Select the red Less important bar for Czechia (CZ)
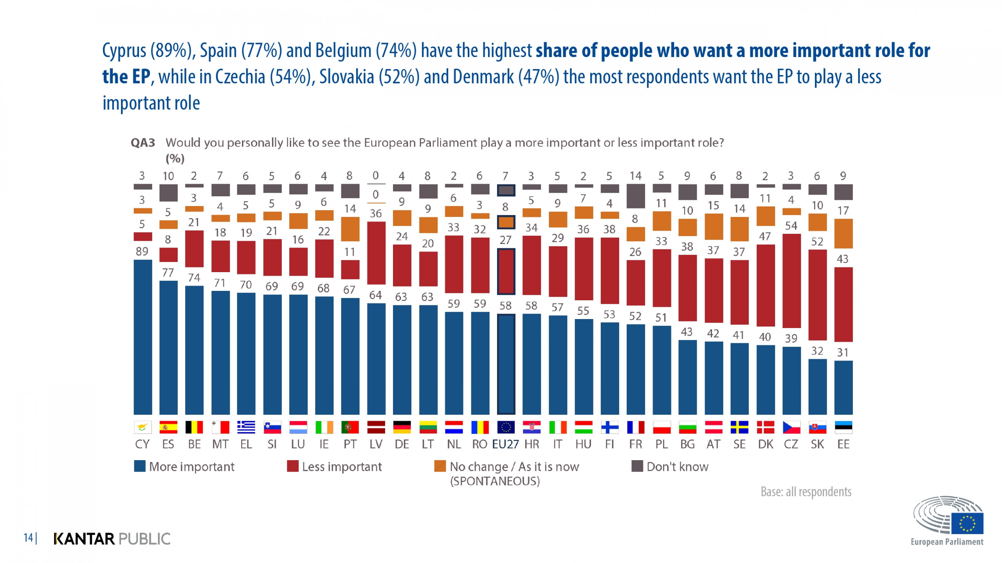coord(791,280)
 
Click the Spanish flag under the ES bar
coord(168,427)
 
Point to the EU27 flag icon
coord(505,427)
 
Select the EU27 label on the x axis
coord(505,444)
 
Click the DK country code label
coord(765,444)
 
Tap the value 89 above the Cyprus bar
coord(142,251)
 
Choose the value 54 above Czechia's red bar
coord(791,226)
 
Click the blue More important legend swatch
coord(140,466)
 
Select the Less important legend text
coord(342,466)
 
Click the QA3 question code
coord(142,143)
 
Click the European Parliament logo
coord(947,520)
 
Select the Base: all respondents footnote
coord(806,491)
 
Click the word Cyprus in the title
coord(124,51)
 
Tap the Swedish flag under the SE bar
coord(739,427)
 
